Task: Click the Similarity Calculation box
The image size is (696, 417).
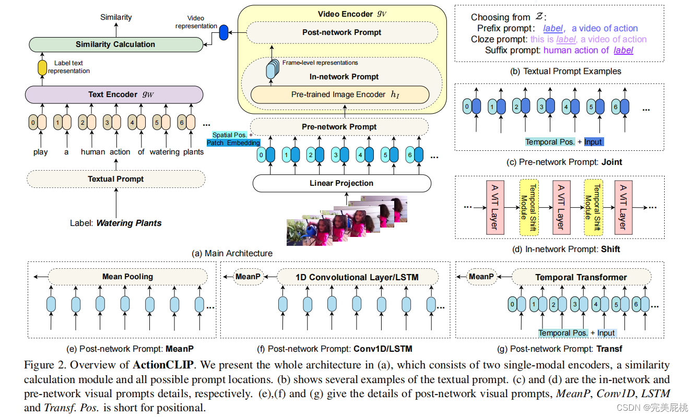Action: click(x=115, y=44)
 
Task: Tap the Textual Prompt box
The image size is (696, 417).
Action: click(x=115, y=179)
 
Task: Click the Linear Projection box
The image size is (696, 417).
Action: click(x=341, y=183)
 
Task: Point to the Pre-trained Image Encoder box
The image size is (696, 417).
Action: click(x=340, y=94)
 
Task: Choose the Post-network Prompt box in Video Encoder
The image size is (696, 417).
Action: click(x=342, y=32)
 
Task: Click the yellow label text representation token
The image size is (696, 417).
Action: click(x=42, y=67)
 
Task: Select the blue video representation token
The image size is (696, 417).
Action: click(x=224, y=32)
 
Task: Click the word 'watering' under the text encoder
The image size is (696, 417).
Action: click(x=164, y=152)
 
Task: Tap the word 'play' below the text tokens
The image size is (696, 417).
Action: click(x=40, y=152)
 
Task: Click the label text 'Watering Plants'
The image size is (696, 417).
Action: click(x=128, y=223)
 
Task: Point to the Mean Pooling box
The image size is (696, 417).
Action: click(x=127, y=277)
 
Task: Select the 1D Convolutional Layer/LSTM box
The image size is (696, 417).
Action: click(x=357, y=277)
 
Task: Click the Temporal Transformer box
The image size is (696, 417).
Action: click(x=581, y=277)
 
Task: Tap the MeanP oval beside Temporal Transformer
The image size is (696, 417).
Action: click(x=481, y=277)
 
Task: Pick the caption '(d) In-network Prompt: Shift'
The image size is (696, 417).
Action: click(x=560, y=249)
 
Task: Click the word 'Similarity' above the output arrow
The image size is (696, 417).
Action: click(x=116, y=18)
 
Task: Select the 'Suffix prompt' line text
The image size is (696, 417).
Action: click(x=559, y=50)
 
